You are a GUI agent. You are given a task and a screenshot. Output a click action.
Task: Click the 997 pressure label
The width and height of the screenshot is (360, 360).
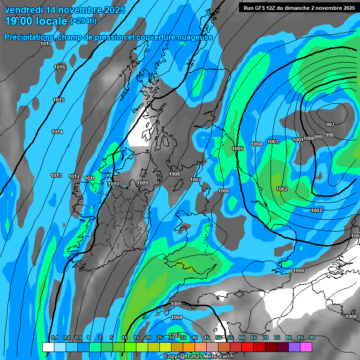pos(330,125)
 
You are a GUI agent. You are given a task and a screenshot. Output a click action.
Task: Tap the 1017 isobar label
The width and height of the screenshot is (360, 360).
pos(46,44)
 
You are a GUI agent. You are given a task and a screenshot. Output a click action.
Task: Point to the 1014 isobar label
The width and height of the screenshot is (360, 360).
pos(57,132)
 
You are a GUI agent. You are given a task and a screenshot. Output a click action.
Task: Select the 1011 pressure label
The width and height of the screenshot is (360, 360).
pos(90,179)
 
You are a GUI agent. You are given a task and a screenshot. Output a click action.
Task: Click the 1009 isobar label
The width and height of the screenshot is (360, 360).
pos(142,183)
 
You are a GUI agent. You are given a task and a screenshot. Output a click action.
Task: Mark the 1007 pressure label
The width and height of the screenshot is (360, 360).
pos(195,180)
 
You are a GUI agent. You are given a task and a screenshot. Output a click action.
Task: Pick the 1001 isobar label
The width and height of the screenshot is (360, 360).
pos(298,140)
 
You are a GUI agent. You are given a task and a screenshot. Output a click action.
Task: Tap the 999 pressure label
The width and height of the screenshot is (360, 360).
pos(318,137)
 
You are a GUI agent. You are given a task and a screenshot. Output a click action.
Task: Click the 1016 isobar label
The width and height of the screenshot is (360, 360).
pos(60,67)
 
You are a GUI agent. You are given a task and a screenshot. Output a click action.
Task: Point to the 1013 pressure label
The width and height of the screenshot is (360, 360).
pos(56,175)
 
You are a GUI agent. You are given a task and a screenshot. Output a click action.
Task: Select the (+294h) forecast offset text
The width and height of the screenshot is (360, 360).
pos(83,21)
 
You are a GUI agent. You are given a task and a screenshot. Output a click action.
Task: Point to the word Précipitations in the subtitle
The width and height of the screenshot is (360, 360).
pos(28,37)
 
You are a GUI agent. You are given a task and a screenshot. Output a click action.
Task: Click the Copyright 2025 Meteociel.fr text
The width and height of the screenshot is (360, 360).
pos(198,356)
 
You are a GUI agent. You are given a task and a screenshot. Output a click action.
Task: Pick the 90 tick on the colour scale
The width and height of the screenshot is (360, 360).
pos(312,338)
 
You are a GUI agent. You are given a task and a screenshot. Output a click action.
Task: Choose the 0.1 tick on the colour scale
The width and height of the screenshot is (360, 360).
pos(54,338)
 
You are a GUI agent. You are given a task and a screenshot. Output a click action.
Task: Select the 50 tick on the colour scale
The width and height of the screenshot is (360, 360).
pos(218,338)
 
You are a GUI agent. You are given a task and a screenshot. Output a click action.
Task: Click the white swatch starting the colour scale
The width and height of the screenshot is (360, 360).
pos(48,347)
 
